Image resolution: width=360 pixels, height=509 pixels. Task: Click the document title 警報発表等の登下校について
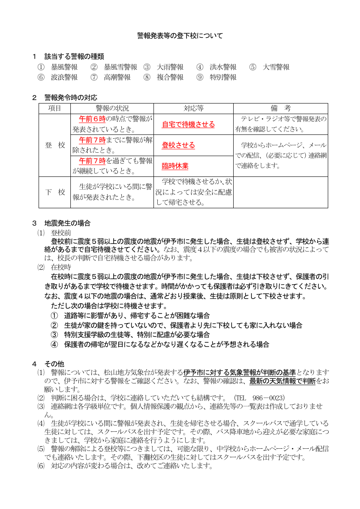180,36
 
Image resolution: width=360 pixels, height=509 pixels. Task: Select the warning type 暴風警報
64,67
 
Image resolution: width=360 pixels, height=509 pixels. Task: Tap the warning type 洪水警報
223,67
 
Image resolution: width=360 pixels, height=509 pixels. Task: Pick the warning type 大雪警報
276,67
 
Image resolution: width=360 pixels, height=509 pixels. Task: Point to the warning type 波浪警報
64,77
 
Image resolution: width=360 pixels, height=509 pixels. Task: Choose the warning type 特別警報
223,77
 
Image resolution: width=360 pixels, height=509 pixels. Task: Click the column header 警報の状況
112,109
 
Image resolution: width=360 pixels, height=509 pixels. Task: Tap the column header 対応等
193,109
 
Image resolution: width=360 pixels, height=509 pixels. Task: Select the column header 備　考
281,109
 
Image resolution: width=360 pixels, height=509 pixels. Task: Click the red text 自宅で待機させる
188,125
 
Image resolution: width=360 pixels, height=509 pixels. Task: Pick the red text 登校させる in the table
178,145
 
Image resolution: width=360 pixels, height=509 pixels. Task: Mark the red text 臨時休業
175,166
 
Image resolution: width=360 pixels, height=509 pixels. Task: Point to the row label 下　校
55,192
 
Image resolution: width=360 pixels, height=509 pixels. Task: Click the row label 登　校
55,145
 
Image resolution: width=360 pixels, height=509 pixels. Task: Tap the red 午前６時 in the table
92,119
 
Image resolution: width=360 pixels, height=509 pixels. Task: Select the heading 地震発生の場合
67,223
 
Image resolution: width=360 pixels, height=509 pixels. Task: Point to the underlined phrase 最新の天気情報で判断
282,381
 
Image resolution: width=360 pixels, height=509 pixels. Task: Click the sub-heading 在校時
61,267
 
